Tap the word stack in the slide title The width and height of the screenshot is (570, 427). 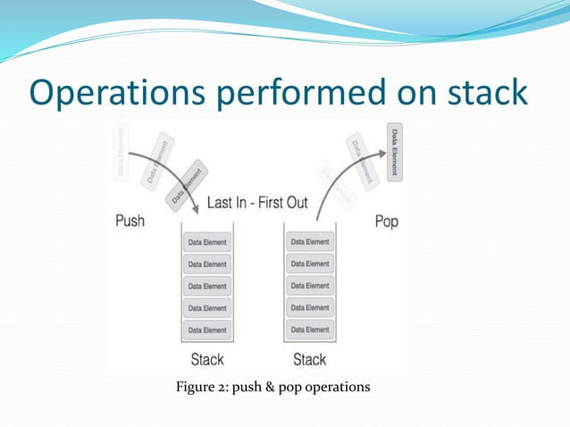483,93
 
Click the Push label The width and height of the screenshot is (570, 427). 131,220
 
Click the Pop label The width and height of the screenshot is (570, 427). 386,221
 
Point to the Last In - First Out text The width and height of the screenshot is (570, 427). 257,203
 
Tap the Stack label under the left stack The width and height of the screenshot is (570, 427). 207,359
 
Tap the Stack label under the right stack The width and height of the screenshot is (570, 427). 310,359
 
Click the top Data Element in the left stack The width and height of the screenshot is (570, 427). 207,242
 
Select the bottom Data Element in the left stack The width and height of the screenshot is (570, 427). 207,330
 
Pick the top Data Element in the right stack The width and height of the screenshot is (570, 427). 310,241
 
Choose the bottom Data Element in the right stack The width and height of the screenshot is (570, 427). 310,330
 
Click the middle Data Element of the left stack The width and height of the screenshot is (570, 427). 207,286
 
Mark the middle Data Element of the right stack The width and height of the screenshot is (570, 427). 310,286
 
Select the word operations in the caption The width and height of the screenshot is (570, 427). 336,387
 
